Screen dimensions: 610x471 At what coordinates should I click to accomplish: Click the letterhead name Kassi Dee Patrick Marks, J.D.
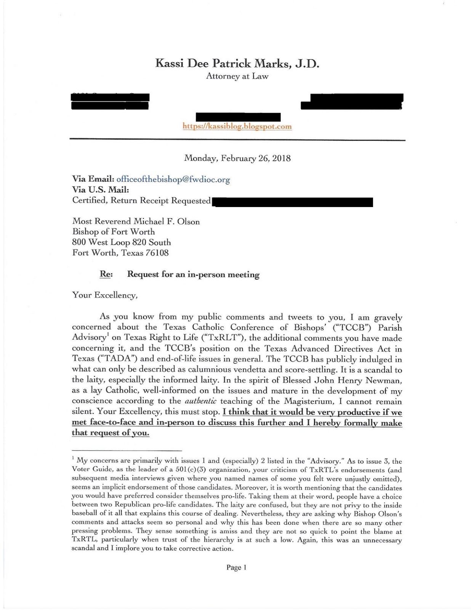(x=237, y=63)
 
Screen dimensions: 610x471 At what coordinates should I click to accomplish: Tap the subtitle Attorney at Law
(x=237, y=76)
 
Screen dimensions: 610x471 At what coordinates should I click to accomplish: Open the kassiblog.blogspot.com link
(x=237, y=126)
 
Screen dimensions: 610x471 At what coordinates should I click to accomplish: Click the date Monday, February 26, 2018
(x=237, y=158)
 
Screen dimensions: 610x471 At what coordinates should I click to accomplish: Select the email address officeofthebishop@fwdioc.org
(x=173, y=179)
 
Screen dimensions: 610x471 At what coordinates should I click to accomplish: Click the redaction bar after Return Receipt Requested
(x=293, y=202)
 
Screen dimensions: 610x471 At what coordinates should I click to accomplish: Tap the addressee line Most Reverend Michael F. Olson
(x=136, y=222)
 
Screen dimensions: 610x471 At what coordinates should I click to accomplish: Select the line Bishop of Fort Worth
(x=114, y=232)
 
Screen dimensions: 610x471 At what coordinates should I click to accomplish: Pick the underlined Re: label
(x=106, y=274)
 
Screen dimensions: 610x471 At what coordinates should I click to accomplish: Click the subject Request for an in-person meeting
(x=193, y=274)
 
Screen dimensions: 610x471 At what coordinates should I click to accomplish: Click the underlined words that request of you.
(x=111, y=433)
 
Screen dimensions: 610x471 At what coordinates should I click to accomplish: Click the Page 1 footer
(x=236, y=567)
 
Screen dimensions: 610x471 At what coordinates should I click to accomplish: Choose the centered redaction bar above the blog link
(x=238, y=117)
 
